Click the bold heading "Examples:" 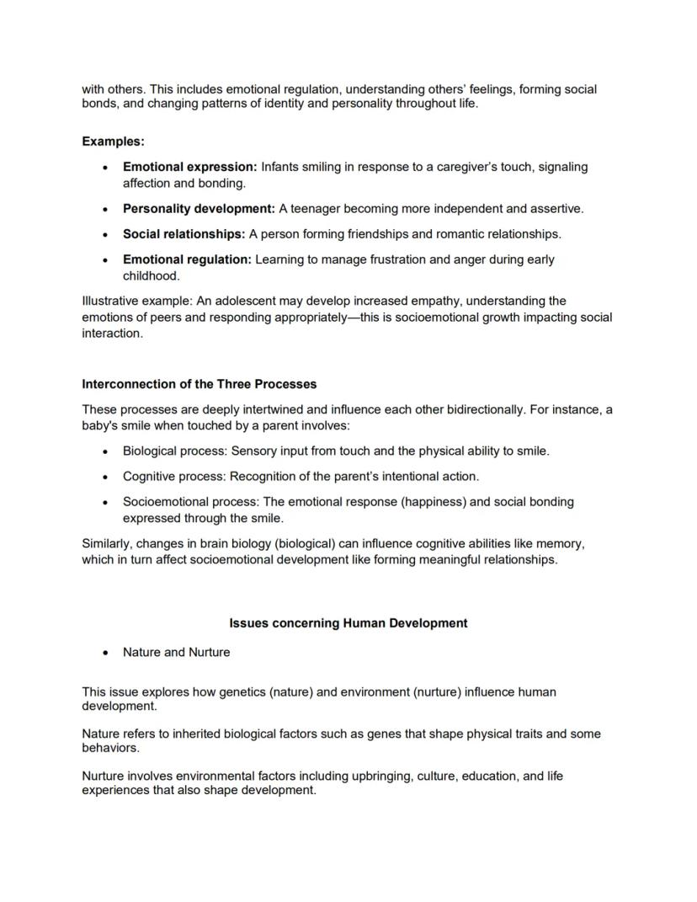tap(113, 141)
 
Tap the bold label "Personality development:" tap(199, 208)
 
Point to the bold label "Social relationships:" tap(184, 233)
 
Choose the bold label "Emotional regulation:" tap(187, 259)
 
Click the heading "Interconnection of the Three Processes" tap(199, 384)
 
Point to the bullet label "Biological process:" tap(175, 451)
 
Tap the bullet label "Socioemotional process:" tap(191, 501)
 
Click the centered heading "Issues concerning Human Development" tap(348, 623)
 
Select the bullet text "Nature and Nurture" tap(176, 652)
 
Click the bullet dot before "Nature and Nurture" tap(104, 653)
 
